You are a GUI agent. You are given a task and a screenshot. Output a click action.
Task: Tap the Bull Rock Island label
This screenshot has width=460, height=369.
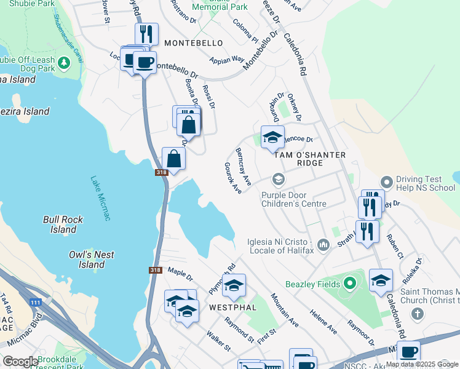pyautogui.click(x=63, y=224)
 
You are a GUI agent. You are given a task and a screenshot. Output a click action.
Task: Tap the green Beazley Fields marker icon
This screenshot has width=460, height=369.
pyautogui.click(x=350, y=284)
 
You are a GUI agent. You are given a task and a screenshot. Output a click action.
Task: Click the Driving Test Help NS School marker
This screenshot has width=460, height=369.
pyautogui.click(x=386, y=182)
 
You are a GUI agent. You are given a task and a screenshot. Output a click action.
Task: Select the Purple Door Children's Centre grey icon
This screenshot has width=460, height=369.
pyautogui.click(x=279, y=180)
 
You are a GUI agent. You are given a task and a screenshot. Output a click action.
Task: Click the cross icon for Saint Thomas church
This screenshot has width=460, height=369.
pyautogui.click(x=417, y=314)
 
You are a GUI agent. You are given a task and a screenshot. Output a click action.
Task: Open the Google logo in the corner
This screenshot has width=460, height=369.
pyautogui.click(x=20, y=361)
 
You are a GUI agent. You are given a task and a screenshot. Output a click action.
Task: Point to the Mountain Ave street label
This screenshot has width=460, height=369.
pyautogui.click(x=285, y=310)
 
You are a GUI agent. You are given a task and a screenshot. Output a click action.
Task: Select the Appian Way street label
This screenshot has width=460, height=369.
pyautogui.click(x=228, y=60)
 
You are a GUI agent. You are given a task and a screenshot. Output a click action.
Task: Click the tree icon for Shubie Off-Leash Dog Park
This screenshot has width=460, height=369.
pyautogui.click(x=63, y=63)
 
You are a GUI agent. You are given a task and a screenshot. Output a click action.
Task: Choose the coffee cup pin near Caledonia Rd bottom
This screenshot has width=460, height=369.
pyautogui.click(x=408, y=352)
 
